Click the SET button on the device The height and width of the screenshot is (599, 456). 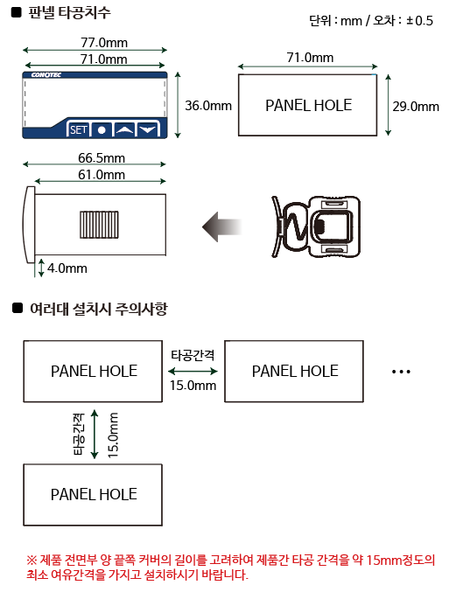pos(79,130)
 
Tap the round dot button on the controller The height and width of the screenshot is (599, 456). pos(102,130)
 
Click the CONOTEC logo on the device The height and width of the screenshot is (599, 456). pos(46,75)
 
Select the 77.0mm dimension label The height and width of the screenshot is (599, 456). pos(104,42)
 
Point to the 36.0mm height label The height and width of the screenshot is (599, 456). pos(208,106)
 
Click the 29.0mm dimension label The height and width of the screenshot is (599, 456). pos(416,106)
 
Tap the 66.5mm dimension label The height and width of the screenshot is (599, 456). pos(102,157)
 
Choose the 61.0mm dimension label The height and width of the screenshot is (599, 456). pos(102,175)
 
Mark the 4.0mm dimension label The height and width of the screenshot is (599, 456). pos(67,268)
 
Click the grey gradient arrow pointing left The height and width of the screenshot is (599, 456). pos(222,226)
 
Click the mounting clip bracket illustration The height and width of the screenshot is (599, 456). pos(316,226)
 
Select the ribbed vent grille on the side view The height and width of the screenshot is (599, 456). pos(99,225)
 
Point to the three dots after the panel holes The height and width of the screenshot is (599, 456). pos(401,372)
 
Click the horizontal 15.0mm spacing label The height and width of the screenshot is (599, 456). pos(193,385)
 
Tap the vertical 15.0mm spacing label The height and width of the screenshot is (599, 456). pos(113,435)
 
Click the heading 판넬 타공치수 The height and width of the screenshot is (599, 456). pos(69,12)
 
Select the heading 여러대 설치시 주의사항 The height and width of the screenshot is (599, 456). pos(99,309)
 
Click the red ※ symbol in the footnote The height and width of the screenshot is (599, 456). pos(32,561)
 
